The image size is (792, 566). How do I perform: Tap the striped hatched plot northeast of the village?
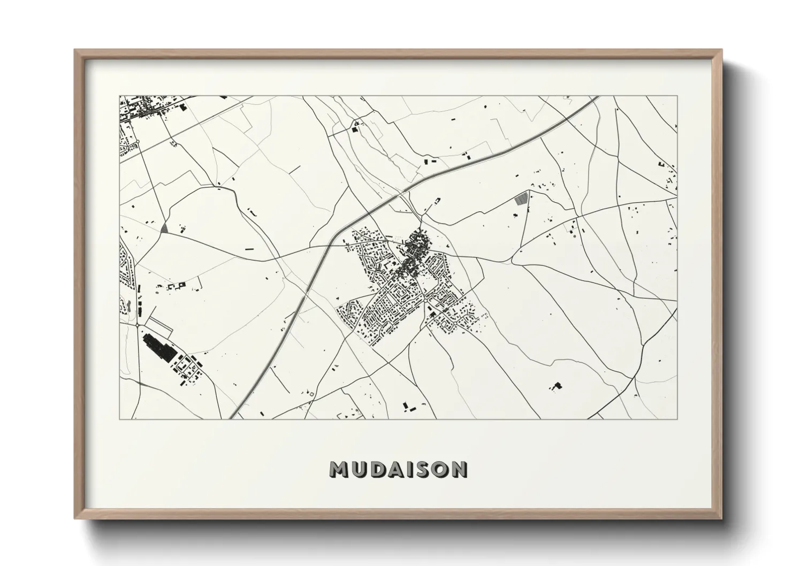(520, 200)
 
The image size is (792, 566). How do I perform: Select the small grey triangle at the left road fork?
(164, 228)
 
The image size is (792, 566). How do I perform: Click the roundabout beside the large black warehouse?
(138, 325)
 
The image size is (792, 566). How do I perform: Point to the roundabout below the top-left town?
(137, 141)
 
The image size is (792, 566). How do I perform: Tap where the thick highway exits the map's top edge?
(597, 97)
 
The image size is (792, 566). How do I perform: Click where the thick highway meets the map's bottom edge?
(231, 417)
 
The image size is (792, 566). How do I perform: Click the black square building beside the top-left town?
(185, 108)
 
